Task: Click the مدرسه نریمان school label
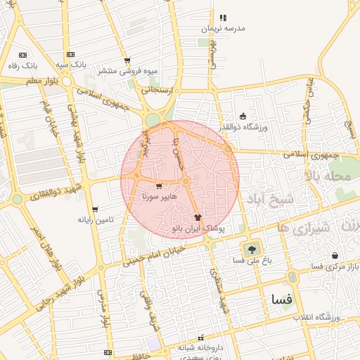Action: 223,28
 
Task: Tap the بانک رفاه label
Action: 22,65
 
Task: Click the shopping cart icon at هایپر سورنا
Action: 159,187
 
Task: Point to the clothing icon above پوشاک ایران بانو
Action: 197,217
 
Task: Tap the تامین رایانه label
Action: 95,219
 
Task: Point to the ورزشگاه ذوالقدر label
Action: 243,127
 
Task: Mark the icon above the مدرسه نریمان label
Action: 223,18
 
